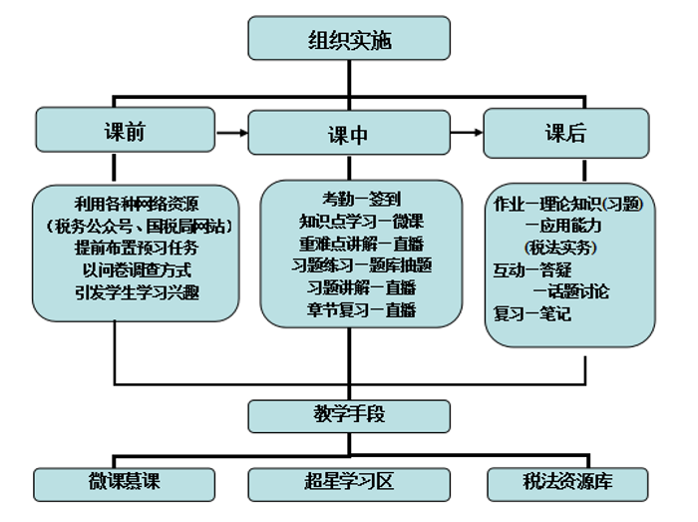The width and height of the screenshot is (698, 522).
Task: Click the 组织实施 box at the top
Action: tap(349, 40)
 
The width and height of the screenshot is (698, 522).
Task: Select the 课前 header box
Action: tap(125, 132)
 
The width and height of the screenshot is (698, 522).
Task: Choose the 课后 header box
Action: tap(565, 133)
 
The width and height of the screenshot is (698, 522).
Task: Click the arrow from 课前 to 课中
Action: tap(231, 133)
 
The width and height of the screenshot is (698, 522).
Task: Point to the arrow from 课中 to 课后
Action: tap(465, 133)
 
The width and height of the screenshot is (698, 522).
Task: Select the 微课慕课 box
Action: tap(125, 483)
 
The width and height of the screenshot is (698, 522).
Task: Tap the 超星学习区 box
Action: tap(348, 483)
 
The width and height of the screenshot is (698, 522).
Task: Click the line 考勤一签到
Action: tap(361, 199)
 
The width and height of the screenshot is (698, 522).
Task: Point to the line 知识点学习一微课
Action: tap(361, 221)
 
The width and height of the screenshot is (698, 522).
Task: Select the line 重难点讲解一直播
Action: tap(361, 243)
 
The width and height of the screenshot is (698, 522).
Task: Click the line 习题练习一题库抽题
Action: tap(361, 264)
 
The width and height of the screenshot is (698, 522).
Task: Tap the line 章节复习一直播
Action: tap(361, 309)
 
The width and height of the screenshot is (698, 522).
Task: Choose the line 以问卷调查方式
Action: tap(137, 269)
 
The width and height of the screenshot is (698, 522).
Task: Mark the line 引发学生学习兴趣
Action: tap(137, 292)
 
